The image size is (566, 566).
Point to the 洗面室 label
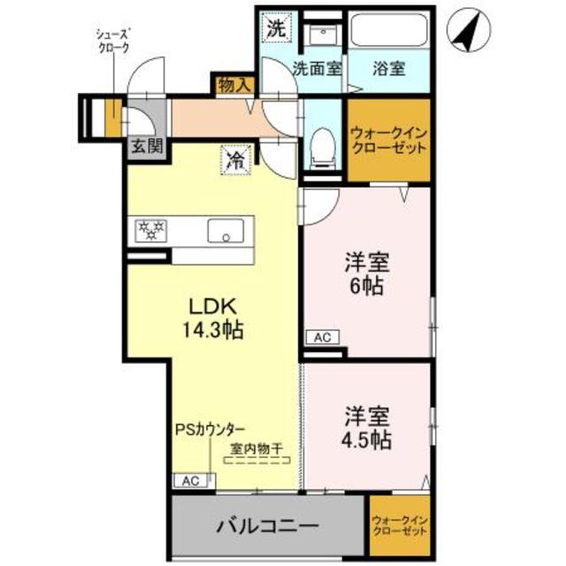click(317, 68)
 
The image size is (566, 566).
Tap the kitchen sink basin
click(224, 232)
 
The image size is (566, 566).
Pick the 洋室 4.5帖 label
click(364, 424)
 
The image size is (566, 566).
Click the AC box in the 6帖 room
click(319, 337)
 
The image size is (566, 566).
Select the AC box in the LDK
click(187, 480)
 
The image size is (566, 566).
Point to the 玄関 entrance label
click(147, 146)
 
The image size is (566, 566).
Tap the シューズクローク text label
click(113, 41)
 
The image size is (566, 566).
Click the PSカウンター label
click(210, 428)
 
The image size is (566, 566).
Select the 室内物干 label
click(256, 448)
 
